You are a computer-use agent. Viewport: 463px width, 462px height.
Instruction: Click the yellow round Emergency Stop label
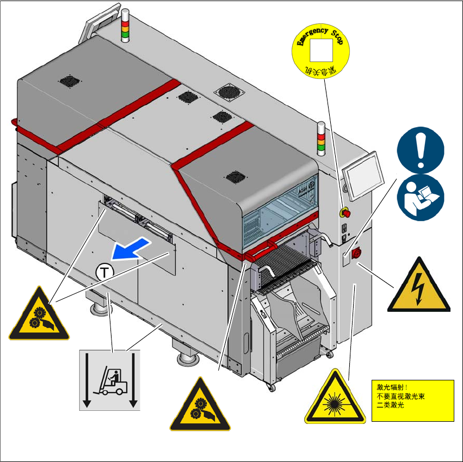[x=322, y=52]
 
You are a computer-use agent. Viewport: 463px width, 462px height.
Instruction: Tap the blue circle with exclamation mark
[x=420, y=150]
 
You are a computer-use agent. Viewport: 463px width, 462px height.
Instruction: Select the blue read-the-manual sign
[x=420, y=196]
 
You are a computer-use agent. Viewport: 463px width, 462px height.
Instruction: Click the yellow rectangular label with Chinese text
[x=412, y=401]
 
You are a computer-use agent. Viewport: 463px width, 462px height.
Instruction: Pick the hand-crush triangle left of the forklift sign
[x=39, y=316]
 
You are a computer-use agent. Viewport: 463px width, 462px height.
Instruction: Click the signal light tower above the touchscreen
[x=321, y=138]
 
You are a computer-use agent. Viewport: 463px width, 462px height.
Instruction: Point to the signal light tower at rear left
[x=125, y=26]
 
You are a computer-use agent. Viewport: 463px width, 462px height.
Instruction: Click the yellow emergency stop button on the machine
[x=344, y=211]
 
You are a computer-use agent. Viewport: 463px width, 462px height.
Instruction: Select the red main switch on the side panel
[x=357, y=252]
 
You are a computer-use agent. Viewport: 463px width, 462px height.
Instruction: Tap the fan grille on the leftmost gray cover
[x=70, y=81]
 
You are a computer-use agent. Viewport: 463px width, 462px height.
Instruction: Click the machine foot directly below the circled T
[x=102, y=307]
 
